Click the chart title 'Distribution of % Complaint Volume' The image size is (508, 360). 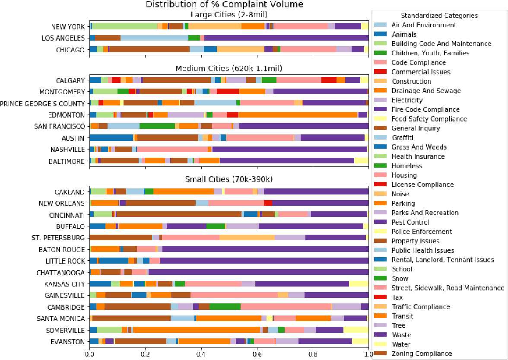pyautogui.click(x=224, y=5)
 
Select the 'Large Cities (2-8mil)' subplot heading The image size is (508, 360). pyautogui.click(x=229, y=15)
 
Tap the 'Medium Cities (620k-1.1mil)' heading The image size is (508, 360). pyautogui.click(x=229, y=69)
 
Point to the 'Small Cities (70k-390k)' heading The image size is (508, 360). pyautogui.click(x=229, y=179)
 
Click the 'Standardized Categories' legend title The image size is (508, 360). pyautogui.click(x=439, y=16)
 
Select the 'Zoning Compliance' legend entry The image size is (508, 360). pyautogui.click(x=422, y=354)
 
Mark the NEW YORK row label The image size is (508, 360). pyautogui.click(x=68, y=27)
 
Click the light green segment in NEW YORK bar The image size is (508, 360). pyautogui.click(x=125, y=26)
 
